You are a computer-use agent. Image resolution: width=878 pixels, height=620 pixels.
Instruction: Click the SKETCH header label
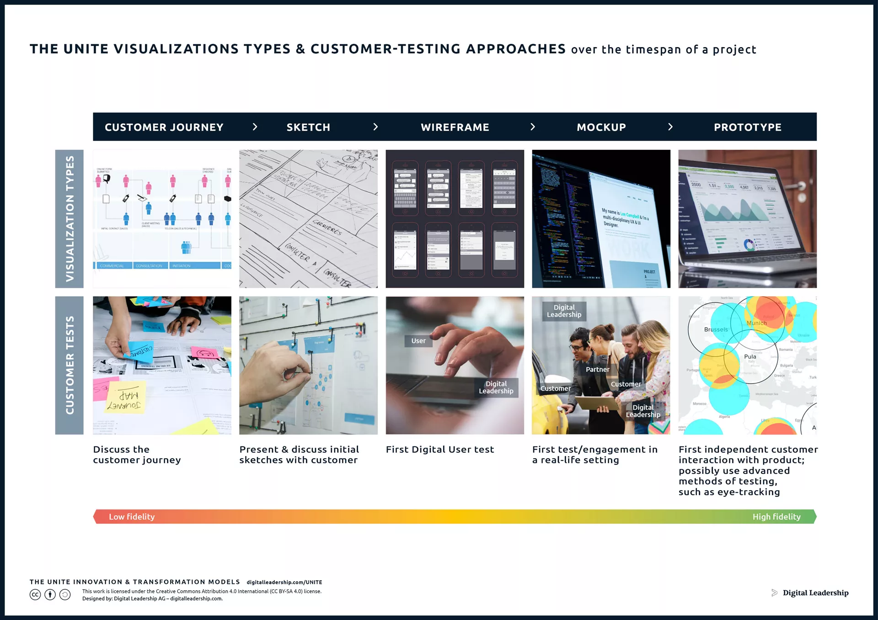[308, 127]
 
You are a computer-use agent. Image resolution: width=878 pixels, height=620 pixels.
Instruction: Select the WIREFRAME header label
[455, 127]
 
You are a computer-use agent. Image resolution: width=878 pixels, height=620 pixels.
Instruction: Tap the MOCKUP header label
[601, 127]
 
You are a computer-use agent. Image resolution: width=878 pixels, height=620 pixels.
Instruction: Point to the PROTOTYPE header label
[747, 127]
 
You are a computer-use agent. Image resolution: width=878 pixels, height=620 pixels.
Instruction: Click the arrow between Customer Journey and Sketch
[255, 127]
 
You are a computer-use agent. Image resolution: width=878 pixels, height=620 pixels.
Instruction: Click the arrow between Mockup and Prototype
[670, 127]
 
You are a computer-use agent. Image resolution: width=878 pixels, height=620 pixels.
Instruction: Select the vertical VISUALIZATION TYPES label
[70, 219]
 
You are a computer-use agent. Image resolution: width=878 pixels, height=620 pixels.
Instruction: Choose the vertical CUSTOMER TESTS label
[70, 365]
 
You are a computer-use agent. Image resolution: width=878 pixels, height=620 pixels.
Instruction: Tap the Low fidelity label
[132, 517]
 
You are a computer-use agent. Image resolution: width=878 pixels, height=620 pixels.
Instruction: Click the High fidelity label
[776, 517]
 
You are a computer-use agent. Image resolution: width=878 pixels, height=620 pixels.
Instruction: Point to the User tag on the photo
[418, 341]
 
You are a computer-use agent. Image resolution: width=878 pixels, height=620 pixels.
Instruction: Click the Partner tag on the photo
[597, 370]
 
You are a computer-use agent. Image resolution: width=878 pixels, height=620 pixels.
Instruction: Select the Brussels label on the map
[716, 329]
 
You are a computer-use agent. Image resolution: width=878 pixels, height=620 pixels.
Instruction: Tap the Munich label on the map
[756, 323]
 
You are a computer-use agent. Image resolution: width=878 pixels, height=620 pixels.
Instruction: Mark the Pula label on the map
[750, 356]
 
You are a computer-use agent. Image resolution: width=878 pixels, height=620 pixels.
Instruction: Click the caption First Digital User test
[439, 450]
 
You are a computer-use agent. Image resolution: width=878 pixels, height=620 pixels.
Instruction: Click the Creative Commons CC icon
[35, 594]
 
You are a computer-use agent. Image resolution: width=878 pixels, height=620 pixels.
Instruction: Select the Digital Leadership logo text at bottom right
[815, 593]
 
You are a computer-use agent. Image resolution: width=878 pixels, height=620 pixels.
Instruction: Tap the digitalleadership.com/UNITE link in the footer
[284, 582]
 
